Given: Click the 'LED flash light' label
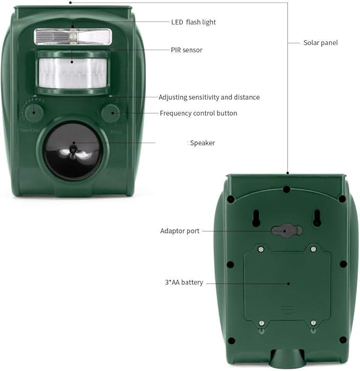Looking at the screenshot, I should click(x=193, y=22).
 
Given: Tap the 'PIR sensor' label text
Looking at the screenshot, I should click(x=187, y=50).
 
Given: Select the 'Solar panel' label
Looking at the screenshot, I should click(x=320, y=42).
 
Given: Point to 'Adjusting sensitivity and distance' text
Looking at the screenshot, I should click(x=209, y=97).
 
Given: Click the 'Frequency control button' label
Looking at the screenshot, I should click(x=198, y=113).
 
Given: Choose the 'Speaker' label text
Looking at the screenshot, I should click(x=203, y=143).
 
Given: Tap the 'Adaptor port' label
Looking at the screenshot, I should click(x=180, y=231).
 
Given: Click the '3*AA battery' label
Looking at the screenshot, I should click(x=185, y=282).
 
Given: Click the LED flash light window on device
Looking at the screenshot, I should click(x=73, y=36).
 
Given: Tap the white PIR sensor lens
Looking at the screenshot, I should click(x=73, y=71).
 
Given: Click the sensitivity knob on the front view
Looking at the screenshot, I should click(x=33, y=112).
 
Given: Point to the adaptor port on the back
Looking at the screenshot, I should click(x=286, y=230).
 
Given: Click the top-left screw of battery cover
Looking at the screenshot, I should click(x=260, y=248).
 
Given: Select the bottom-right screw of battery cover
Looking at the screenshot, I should click(x=313, y=323).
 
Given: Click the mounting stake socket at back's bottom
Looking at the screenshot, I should click(x=287, y=359).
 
